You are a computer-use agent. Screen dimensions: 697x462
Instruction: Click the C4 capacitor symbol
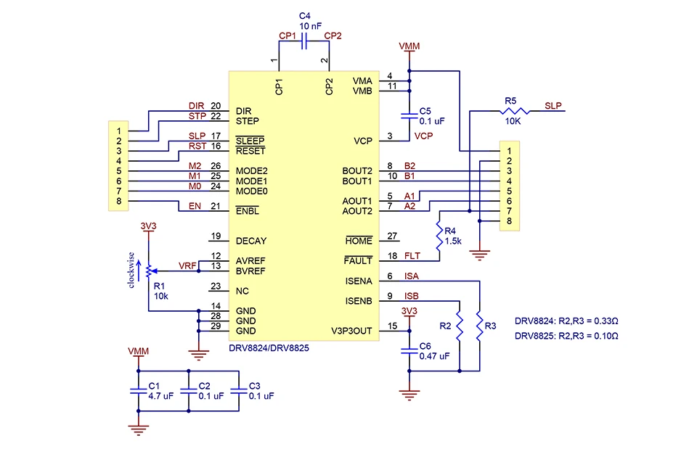pos(304,41)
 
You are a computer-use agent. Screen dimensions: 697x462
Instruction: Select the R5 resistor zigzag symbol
pos(515,111)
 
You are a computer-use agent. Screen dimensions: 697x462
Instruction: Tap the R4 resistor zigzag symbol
pos(439,236)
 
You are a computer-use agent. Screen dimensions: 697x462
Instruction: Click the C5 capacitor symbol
pos(409,116)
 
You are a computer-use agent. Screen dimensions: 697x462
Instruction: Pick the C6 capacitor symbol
pos(409,351)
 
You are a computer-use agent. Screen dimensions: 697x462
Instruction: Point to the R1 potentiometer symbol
pos(148,271)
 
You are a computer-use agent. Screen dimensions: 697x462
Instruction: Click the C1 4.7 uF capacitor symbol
pos(138,391)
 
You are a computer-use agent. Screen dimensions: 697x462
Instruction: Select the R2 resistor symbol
pos(460,327)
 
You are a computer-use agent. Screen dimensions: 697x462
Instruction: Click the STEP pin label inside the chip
pos(247,121)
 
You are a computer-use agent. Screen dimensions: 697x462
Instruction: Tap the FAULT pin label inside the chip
pos(358,261)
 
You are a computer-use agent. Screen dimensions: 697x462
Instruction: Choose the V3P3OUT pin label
pos(351,331)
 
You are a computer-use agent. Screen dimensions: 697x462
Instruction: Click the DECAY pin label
pos(251,241)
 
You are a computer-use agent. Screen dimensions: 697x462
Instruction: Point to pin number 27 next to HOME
pos(392,236)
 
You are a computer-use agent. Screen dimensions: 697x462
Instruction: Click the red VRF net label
pos(187,265)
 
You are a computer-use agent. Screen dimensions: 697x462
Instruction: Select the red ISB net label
pos(411,296)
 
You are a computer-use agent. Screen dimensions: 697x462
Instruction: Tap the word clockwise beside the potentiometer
pos(131,270)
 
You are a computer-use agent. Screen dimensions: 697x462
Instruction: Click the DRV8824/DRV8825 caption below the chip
pos(269,348)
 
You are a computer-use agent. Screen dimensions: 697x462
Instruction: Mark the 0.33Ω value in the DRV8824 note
pos(606,321)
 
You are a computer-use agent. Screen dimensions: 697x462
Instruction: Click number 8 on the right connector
pos(510,220)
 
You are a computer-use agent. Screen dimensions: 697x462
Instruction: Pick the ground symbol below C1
pos(138,430)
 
